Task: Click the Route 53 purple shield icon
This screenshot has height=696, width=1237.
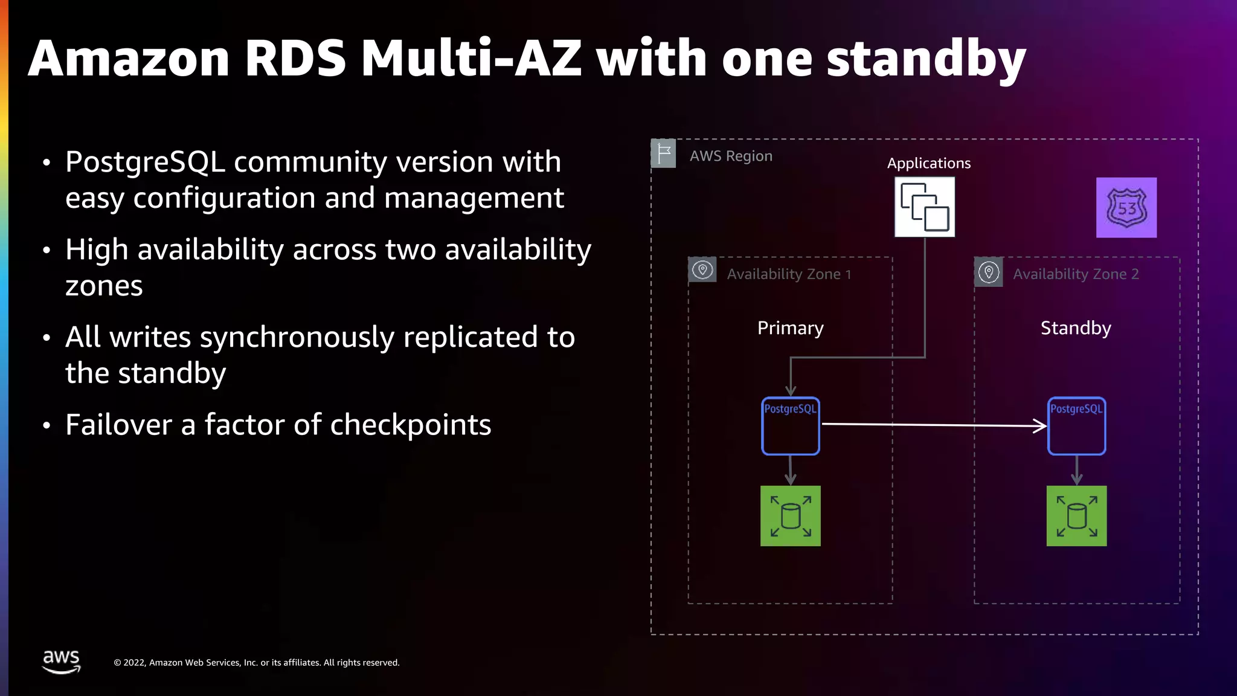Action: [1126, 207]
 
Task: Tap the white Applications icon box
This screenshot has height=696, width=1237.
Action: [924, 207]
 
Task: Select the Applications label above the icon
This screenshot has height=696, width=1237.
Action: [928, 163]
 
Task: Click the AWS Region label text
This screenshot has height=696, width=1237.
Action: [731, 156]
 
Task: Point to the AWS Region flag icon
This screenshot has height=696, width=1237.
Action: [663, 153]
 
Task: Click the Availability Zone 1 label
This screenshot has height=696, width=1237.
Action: [789, 274]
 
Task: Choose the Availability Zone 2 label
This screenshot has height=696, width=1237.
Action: [1075, 274]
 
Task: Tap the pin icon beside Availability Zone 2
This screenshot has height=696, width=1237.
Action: [989, 272]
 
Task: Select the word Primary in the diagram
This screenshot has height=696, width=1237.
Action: [790, 328]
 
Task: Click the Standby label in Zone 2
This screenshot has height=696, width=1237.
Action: [1075, 328]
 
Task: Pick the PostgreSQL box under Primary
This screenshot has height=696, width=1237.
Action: [790, 426]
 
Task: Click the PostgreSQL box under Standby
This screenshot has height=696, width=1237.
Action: [1076, 426]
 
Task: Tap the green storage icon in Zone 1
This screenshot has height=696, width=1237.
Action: [790, 516]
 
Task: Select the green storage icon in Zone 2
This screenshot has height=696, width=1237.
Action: [1076, 516]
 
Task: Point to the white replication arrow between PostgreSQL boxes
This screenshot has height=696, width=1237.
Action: [933, 425]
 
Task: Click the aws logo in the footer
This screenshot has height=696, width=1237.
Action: [61, 661]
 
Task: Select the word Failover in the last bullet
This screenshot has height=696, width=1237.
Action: [118, 425]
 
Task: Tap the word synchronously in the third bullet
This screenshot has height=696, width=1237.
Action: [297, 338]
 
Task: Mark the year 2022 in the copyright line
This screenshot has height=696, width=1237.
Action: [134, 663]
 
